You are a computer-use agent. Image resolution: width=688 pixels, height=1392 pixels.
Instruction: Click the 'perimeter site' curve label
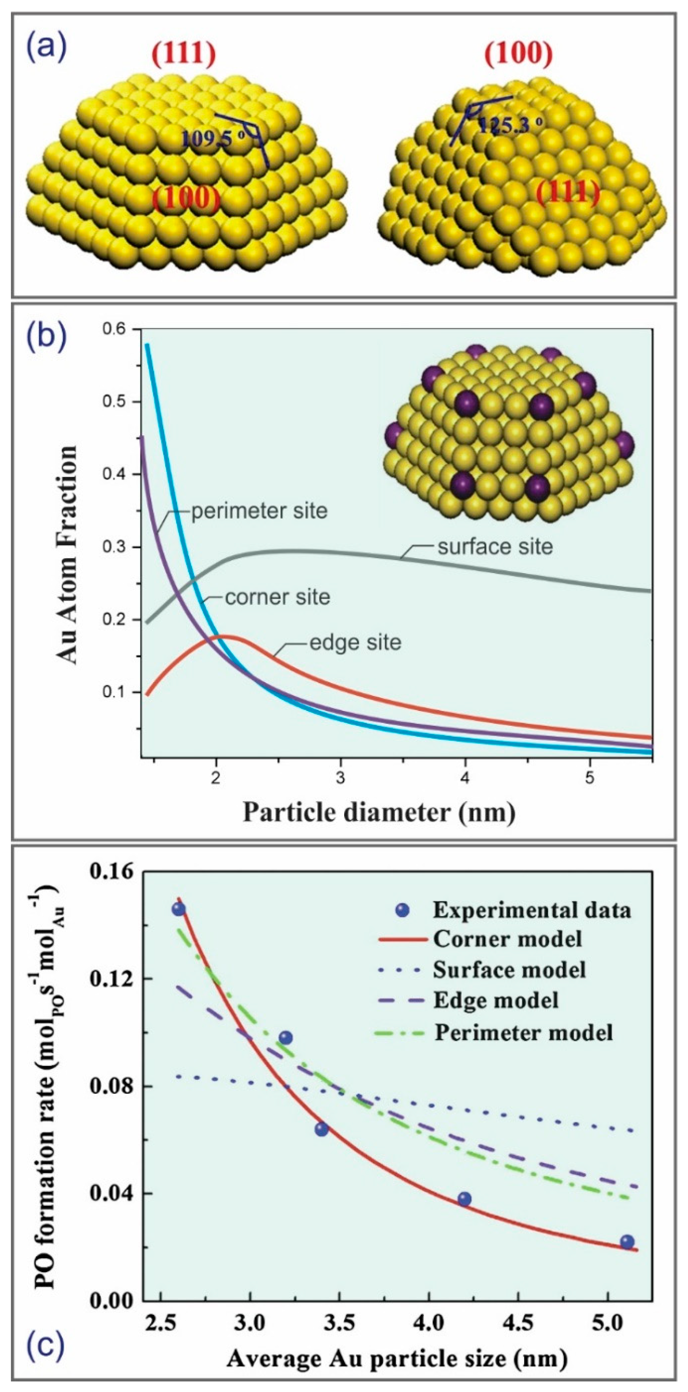259,511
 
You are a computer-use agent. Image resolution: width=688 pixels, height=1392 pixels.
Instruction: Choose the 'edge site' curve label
355,643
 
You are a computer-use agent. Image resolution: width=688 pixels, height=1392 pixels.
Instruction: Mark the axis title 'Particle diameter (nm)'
378,812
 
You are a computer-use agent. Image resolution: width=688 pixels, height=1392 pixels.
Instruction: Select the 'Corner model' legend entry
507,939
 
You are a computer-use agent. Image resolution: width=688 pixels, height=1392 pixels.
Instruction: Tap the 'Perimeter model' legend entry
524,1033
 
